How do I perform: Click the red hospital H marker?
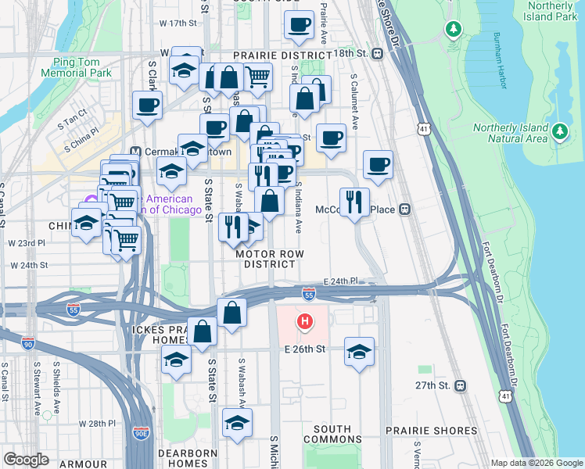pos(305,320)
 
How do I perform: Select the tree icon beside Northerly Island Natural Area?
pos(559,132)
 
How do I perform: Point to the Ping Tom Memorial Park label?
pos(81,67)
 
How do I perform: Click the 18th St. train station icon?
pos(378,54)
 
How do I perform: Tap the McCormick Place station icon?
pos(405,209)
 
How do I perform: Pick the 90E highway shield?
pos(141,431)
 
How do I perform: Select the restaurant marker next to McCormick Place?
pos(354,202)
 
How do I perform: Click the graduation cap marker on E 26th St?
pos(359,351)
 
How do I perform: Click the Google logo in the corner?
pos(26,460)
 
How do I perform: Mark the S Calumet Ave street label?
pos(354,102)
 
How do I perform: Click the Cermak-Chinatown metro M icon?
pos(135,152)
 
